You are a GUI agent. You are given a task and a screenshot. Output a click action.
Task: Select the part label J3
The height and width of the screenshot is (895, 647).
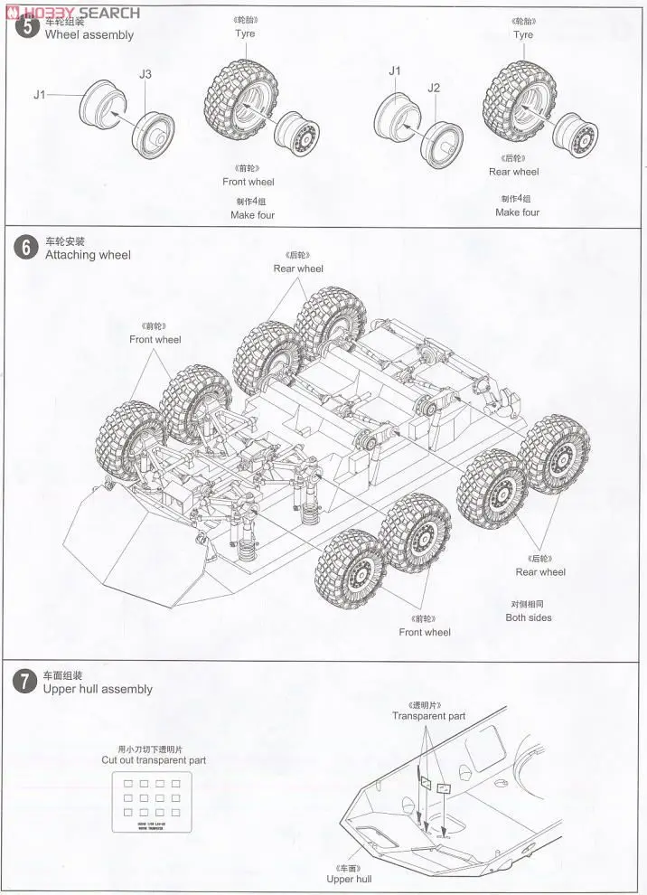click(145, 74)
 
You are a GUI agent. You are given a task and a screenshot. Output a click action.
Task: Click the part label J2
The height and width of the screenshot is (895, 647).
click(434, 88)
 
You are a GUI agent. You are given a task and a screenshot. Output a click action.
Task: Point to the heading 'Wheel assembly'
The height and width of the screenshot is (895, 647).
click(89, 35)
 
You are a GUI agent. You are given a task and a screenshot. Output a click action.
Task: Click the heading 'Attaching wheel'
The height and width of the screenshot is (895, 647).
click(88, 255)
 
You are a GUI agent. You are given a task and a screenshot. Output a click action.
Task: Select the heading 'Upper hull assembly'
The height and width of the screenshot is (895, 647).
click(98, 689)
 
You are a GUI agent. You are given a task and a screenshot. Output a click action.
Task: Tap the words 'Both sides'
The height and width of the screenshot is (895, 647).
click(529, 617)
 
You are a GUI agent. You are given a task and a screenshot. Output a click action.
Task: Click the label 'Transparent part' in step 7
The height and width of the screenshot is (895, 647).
click(428, 716)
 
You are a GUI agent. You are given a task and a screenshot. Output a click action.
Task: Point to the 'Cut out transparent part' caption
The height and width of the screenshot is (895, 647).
click(154, 760)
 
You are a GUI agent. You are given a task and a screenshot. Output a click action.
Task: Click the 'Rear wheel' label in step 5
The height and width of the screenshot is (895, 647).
click(513, 172)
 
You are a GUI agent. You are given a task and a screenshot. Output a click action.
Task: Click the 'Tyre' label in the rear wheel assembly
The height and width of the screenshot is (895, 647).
click(523, 35)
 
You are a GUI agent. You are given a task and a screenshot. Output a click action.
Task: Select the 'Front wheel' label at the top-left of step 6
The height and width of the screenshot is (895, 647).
click(155, 340)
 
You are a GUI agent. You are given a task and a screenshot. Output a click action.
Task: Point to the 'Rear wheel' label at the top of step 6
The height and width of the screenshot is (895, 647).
click(298, 268)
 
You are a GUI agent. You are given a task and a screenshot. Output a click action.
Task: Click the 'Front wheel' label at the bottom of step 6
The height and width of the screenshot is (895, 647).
click(425, 632)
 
